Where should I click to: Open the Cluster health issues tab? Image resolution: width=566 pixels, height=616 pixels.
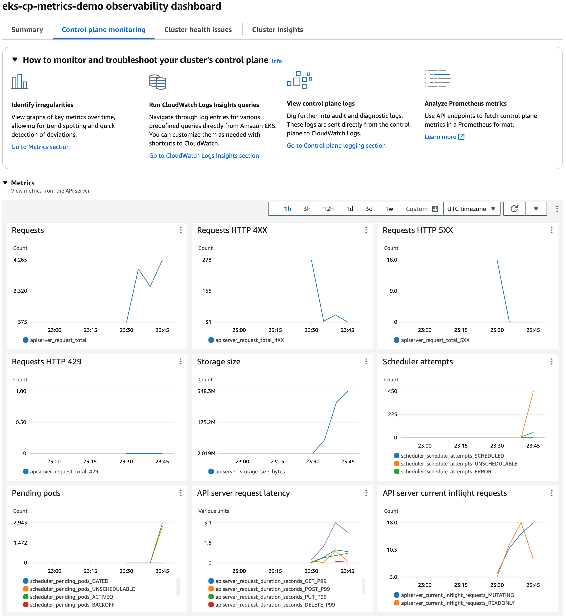[198, 30]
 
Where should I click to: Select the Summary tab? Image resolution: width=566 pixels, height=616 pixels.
[27, 30]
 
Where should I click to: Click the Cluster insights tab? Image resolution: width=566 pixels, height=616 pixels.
[277, 30]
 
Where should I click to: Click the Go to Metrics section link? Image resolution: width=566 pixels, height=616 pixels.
[41, 147]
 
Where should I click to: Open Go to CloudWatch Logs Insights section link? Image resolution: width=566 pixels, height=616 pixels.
[204, 156]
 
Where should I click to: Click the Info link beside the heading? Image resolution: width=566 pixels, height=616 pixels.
[277, 61]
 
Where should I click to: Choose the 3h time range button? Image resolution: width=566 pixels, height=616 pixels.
[307, 209]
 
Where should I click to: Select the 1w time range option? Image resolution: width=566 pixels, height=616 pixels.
[389, 209]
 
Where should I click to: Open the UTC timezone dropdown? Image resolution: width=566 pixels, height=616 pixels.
[471, 209]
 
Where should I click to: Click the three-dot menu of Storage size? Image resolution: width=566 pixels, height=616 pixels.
[366, 362]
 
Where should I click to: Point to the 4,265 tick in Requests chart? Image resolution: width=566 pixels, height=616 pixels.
[20, 260]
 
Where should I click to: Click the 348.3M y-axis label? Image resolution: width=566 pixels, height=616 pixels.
[206, 391]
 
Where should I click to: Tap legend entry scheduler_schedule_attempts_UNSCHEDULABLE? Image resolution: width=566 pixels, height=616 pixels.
[459, 464]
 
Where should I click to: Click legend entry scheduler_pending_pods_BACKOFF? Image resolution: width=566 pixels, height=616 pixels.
[72, 605]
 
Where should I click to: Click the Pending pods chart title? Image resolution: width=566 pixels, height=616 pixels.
[36, 493]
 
